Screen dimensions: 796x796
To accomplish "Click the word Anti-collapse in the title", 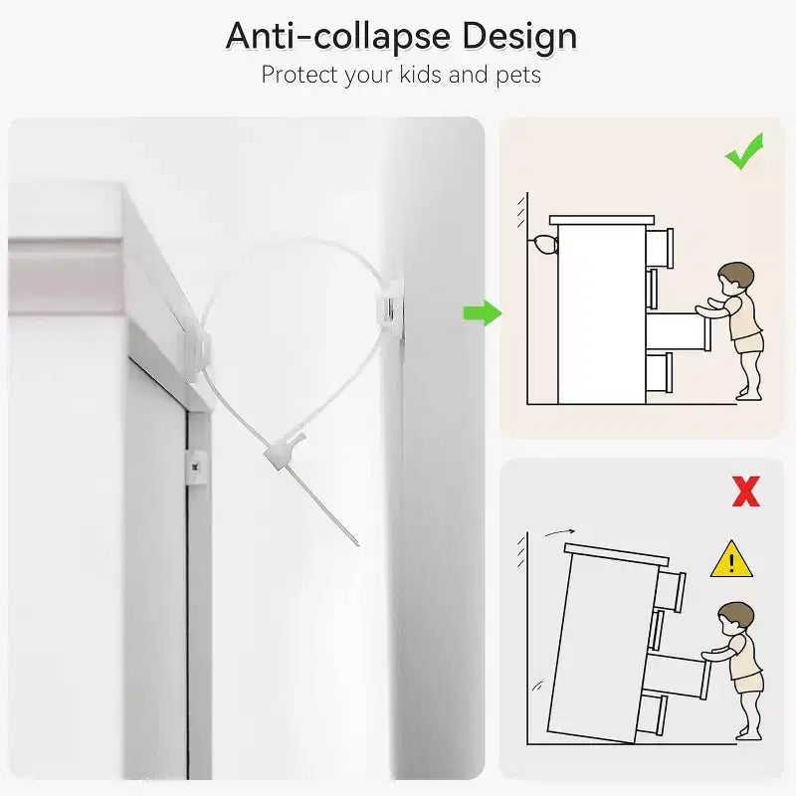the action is (338, 37).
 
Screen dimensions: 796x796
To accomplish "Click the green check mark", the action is (743, 151).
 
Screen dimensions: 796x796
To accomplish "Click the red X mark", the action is (746, 492).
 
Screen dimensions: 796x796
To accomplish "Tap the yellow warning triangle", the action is (731, 559).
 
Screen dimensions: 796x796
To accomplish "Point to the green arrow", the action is (483, 313).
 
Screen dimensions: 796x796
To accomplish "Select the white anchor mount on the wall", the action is (390, 306).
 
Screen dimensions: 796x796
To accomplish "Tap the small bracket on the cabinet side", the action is (196, 468).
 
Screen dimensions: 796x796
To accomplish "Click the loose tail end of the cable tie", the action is (357, 543).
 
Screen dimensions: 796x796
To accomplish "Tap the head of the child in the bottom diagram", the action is (736, 618).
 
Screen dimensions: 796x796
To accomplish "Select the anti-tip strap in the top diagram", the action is (543, 245).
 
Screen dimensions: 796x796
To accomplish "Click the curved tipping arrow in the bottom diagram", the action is (559, 532).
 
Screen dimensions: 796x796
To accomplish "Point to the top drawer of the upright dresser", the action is (660, 248).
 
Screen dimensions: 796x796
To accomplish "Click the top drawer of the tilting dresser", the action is (671, 591).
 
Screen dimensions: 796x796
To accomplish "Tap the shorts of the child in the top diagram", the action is (748, 343).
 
